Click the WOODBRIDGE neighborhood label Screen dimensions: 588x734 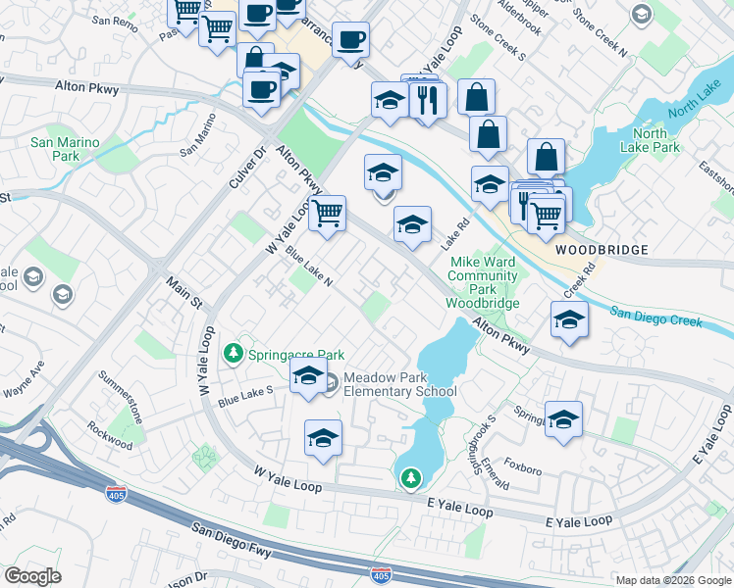601,250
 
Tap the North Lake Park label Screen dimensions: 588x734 656,141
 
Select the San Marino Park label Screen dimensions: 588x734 65,149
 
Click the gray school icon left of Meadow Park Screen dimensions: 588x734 331,383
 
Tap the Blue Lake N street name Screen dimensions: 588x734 309,266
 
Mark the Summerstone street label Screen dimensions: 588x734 122,396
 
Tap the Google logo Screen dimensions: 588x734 31,575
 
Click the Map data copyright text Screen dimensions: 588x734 673,580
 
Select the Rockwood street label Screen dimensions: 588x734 109,435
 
